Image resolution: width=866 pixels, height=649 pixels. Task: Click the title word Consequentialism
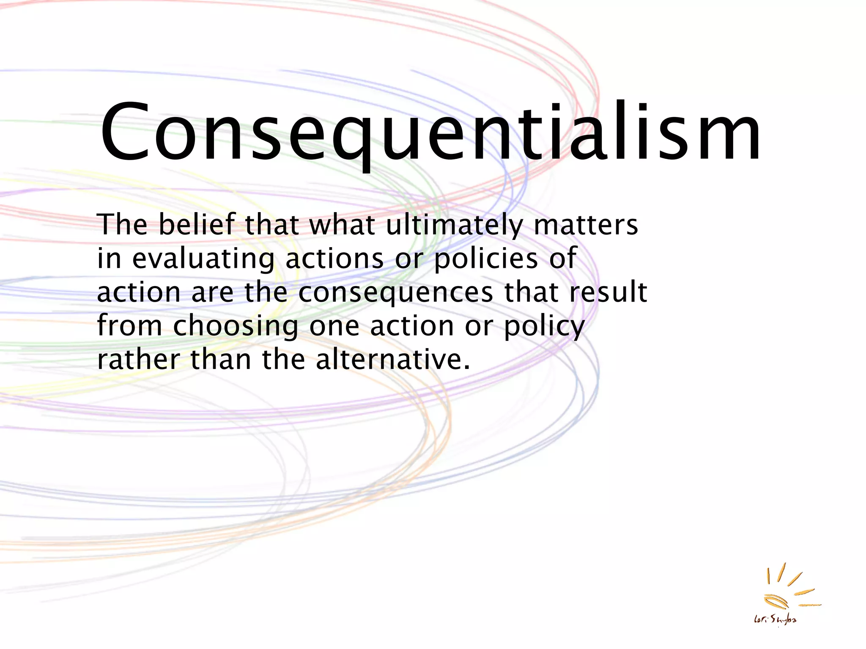[x=430, y=132]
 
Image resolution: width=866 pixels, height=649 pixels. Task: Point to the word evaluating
[x=203, y=259]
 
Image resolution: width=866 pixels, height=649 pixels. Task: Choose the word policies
[x=486, y=259]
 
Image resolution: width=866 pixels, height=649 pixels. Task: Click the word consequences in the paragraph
[x=396, y=293]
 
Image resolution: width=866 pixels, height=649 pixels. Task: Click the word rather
[x=138, y=360]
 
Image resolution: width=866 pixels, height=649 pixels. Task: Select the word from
[x=129, y=326]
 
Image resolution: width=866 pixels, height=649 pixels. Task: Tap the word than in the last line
[x=221, y=360]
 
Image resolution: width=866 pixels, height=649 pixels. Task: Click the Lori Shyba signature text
[x=775, y=620]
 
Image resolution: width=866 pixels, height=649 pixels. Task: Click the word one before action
[x=334, y=327]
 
